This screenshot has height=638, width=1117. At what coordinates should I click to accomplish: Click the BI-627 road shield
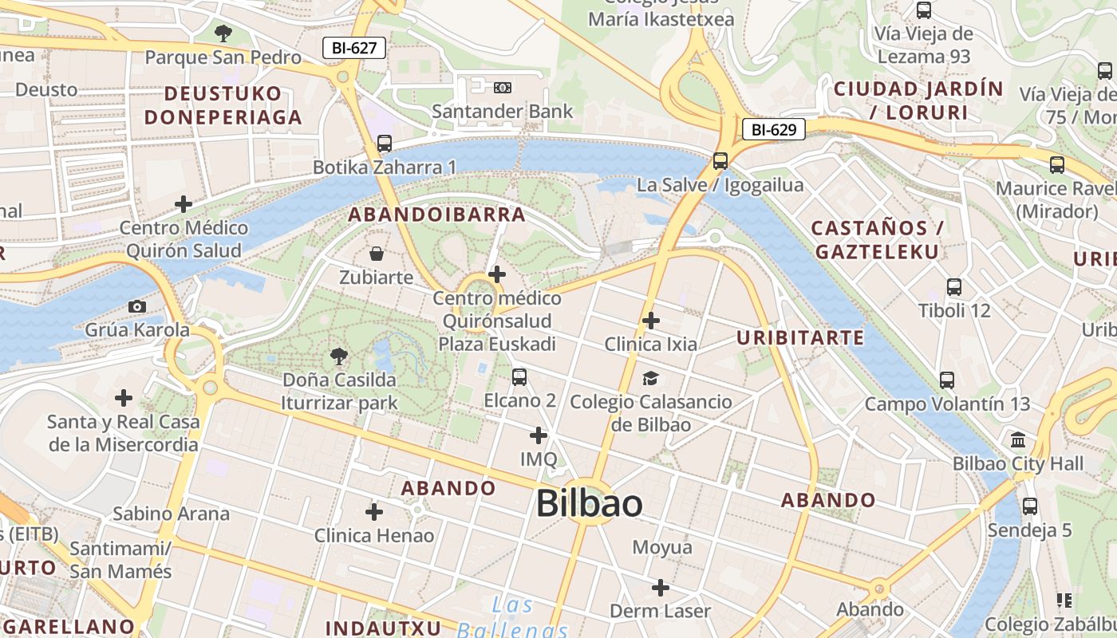pyautogui.click(x=354, y=48)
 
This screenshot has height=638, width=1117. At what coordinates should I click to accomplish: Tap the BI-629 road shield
pyautogui.click(x=773, y=128)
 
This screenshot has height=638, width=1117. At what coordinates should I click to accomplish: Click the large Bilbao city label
pyautogui.click(x=589, y=503)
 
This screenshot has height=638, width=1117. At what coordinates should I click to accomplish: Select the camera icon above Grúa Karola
pyautogui.click(x=137, y=306)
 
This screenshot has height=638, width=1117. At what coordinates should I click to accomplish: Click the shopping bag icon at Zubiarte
pyautogui.click(x=377, y=254)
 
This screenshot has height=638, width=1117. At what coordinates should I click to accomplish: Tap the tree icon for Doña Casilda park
pyautogui.click(x=339, y=356)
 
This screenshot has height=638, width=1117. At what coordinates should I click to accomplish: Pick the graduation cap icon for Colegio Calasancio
pyautogui.click(x=651, y=378)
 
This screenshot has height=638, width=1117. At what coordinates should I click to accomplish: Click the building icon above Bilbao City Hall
pyautogui.click(x=1018, y=440)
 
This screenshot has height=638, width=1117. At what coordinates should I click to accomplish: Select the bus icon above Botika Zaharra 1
pyautogui.click(x=385, y=144)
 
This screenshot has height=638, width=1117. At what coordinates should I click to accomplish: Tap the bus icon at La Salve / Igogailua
pyautogui.click(x=720, y=161)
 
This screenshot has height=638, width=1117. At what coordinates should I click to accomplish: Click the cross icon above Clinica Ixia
pyautogui.click(x=651, y=321)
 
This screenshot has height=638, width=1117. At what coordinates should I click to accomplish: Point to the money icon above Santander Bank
pyautogui.click(x=503, y=87)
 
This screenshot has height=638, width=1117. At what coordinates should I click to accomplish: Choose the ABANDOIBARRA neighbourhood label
pyautogui.click(x=437, y=214)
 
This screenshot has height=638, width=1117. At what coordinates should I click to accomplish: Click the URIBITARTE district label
pyautogui.click(x=800, y=337)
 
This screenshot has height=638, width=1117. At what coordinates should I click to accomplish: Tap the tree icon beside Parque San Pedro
pyautogui.click(x=223, y=33)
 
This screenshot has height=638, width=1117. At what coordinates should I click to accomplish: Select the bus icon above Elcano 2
pyautogui.click(x=519, y=376)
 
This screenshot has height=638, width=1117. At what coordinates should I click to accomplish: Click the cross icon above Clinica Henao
pyautogui.click(x=374, y=511)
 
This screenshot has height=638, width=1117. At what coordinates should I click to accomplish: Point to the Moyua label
pyautogui.click(x=662, y=547)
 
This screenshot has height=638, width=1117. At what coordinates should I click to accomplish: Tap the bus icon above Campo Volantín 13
pyautogui.click(x=947, y=380)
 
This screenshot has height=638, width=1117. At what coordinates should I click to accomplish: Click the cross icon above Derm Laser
pyautogui.click(x=660, y=588)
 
